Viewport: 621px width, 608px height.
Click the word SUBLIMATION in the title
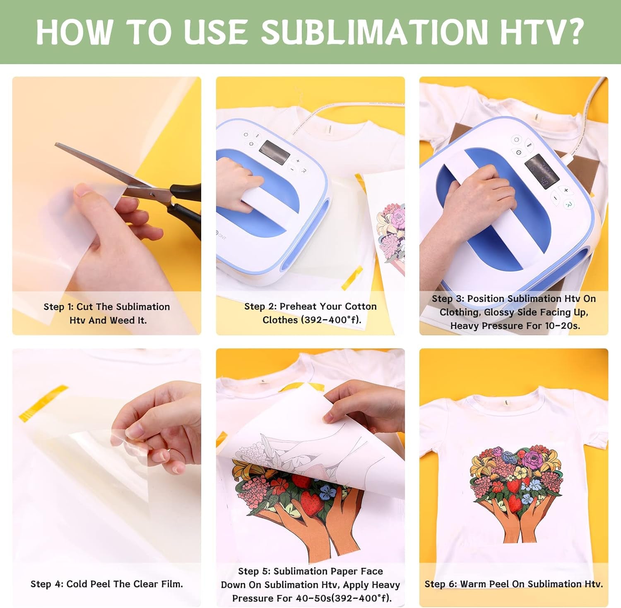pos(375,32)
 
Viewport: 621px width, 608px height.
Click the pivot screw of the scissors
pos(152,193)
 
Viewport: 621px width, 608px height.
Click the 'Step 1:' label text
pos(58,307)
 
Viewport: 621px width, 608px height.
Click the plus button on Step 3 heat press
pos(566,190)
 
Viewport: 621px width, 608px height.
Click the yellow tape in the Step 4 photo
pos(43,403)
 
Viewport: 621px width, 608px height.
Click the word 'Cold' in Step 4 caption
pos(77,584)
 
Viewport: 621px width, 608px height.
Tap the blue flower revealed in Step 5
pos(329,492)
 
